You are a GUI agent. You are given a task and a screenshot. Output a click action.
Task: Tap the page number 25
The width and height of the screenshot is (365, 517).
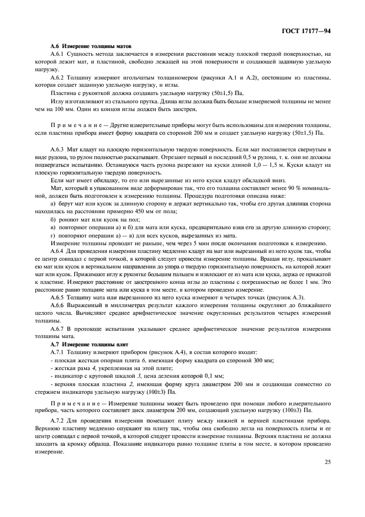tap(327, 477)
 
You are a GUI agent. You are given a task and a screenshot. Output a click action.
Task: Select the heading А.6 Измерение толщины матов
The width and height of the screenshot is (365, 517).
tap(91, 45)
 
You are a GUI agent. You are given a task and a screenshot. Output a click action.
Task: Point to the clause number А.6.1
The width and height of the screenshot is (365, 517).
tap(59, 54)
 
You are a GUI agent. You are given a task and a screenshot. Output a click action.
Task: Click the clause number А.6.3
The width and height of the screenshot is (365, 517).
tap(59, 150)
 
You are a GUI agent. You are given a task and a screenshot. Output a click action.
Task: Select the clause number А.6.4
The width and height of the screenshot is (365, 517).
tap(59, 251)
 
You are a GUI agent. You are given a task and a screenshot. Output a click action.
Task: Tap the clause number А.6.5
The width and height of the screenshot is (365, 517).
tap(59, 298)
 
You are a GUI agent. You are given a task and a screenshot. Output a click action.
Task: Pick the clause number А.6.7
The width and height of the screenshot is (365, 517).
tap(59, 329)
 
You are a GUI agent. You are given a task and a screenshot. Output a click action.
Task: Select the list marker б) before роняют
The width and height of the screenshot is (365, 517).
tap(53, 219)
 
